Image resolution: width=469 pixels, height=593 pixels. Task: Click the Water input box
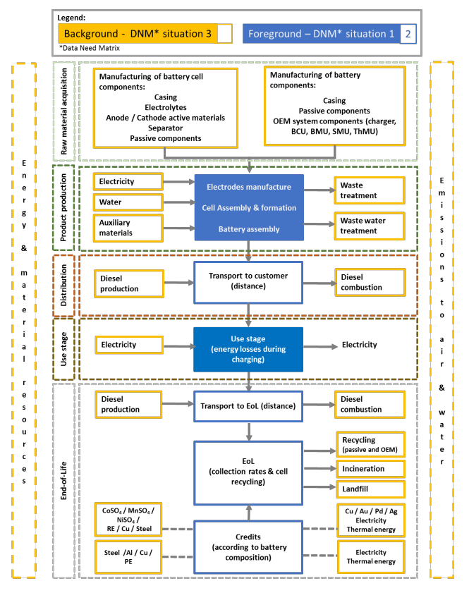(127, 202)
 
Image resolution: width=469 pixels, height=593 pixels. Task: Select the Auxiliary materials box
(127, 228)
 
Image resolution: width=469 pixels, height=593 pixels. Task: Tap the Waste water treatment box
(369, 226)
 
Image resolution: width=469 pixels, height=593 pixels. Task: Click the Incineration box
(369, 468)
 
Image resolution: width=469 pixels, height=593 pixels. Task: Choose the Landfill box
(369, 489)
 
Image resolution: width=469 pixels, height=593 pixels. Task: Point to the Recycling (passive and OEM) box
(369, 444)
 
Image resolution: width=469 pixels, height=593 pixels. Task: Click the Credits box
(248, 547)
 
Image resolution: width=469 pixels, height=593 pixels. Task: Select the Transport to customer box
(248, 282)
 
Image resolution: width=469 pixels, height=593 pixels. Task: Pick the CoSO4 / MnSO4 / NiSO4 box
(127, 520)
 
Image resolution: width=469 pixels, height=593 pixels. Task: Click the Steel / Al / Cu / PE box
(127, 557)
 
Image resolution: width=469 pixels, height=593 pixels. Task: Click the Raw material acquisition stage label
(63, 111)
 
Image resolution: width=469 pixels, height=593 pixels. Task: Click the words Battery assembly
(248, 229)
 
